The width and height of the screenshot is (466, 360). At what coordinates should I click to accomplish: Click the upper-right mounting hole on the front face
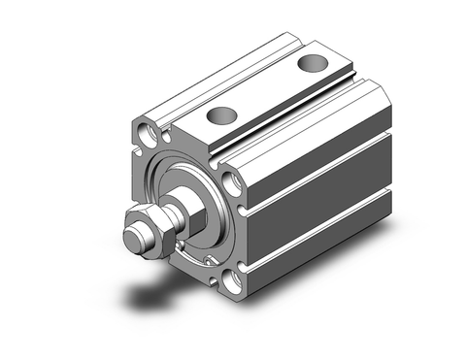[x=232, y=181]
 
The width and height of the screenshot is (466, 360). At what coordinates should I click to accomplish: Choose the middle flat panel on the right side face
[x=320, y=194]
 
